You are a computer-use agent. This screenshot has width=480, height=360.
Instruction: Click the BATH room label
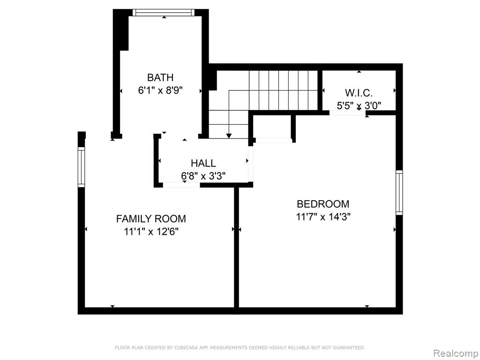pyautogui.click(x=160, y=77)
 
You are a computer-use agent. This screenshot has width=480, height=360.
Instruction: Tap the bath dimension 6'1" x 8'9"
pyautogui.click(x=160, y=90)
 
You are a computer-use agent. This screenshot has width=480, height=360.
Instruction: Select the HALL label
pyautogui.click(x=203, y=163)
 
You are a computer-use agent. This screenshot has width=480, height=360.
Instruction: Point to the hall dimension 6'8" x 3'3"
pyautogui.click(x=203, y=176)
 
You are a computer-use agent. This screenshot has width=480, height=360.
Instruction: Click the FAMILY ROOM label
pyautogui.click(x=151, y=218)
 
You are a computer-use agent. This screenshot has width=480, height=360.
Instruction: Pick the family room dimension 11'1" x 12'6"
pyautogui.click(x=151, y=232)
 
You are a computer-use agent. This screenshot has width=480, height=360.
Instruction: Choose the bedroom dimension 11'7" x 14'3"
pyautogui.click(x=323, y=217)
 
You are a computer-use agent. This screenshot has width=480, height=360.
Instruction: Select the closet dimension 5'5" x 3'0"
pyautogui.click(x=359, y=105)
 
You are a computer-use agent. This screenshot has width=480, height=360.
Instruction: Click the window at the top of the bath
pyautogui.click(x=164, y=13)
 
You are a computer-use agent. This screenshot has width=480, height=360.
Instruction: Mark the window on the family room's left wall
pyautogui.click(x=81, y=167)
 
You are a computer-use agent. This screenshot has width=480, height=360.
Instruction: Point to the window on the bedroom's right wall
pyautogui.click(x=399, y=193)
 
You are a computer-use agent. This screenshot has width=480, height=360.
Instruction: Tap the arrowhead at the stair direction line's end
pyautogui.click(x=229, y=136)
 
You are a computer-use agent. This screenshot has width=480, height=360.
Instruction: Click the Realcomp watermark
pyautogui.click(x=456, y=353)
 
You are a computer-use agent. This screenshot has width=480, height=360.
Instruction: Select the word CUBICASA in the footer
pyautogui.click(x=186, y=347)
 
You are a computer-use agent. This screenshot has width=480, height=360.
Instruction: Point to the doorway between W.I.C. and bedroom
pyautogui.click(x=348, y=112)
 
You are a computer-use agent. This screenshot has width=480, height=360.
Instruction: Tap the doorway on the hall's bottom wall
pyautogui.click(x=181, y=185)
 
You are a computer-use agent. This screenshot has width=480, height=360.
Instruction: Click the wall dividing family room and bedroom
pyautogui.click(x=236, y=247)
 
